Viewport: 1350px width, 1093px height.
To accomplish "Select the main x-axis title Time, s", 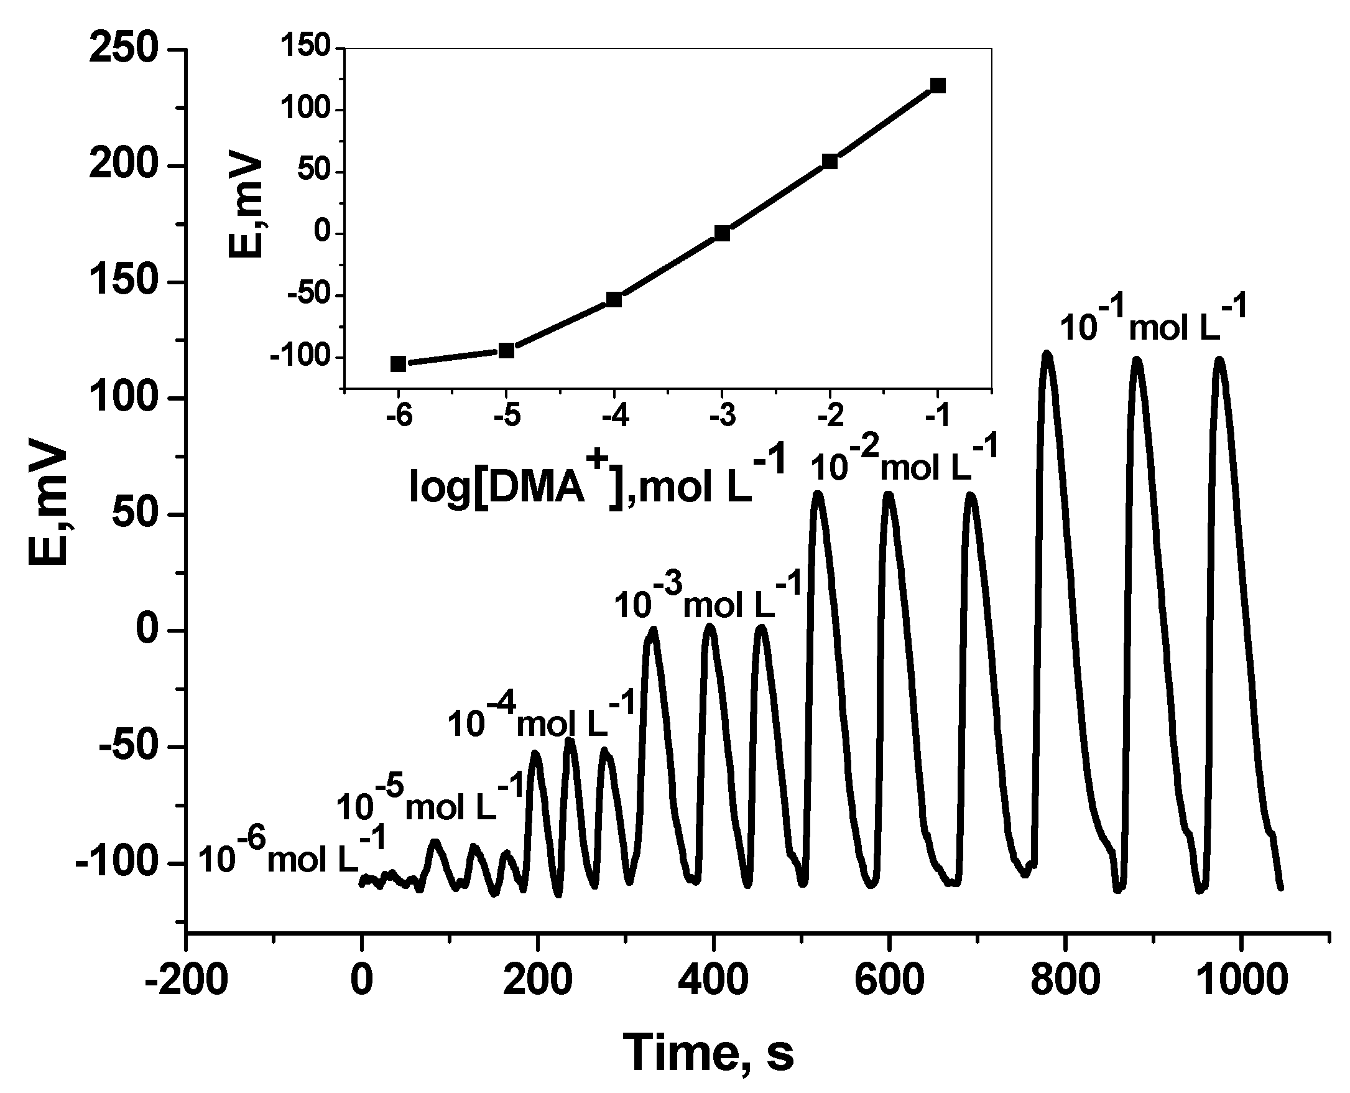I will pyautogui.click(x=708, y=1052).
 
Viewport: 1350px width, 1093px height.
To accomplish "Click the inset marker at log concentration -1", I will pyautogui.click(x=938, y=86).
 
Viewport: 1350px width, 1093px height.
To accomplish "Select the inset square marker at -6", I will pyautogui.click(x=399, y=364).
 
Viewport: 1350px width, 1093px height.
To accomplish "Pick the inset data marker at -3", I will pyautogui.click(x=722, y=233).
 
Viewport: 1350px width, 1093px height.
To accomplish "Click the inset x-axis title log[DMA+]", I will pyautogui.click(x=598, y=485).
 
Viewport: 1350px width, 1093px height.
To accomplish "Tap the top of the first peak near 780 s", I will pyautogui.click(x=1047, y=355).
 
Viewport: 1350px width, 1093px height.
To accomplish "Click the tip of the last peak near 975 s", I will pyautogui.click(x=1219, y=360).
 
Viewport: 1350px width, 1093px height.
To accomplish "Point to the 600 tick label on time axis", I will pyautogui.click(x=889, y=980).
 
